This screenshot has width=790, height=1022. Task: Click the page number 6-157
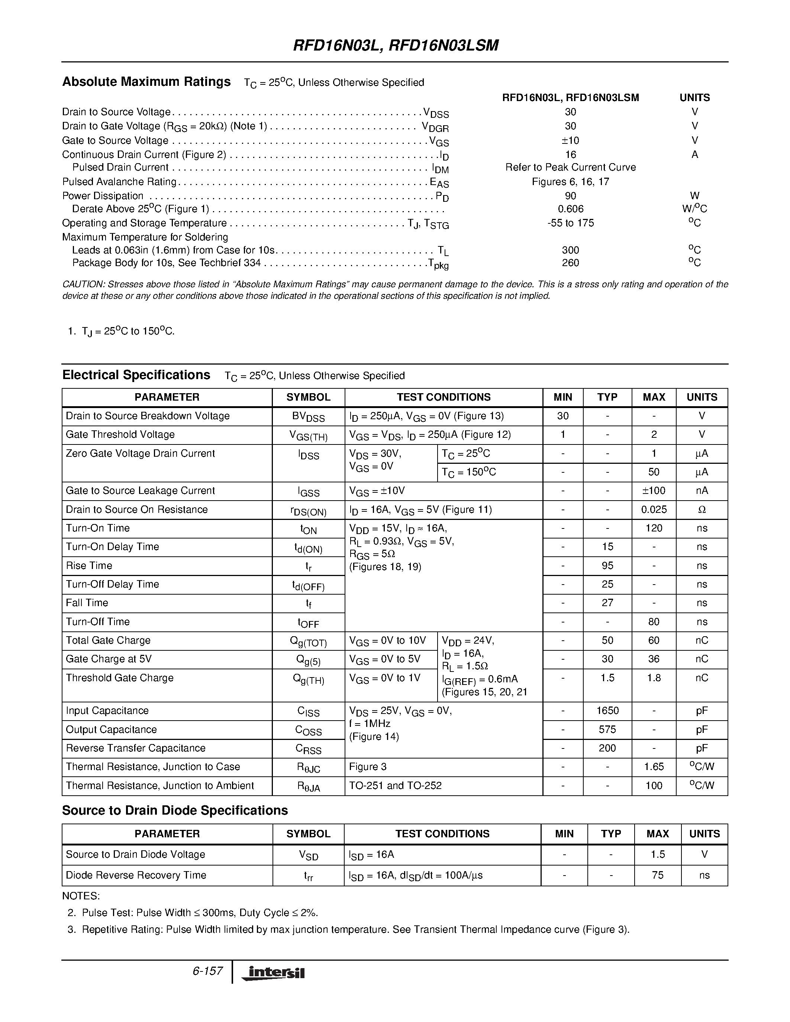207,971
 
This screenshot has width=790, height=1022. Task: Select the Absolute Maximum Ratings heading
146,82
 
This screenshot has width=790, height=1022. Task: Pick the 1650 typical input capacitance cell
607,711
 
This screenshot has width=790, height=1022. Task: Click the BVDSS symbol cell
309,417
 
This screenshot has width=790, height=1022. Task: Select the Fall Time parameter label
87,603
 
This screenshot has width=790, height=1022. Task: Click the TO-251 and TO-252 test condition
395,786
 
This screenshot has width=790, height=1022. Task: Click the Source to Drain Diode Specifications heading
175,811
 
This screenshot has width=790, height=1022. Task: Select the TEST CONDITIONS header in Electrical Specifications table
443,397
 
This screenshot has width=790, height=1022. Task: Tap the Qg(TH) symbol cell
309,679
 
